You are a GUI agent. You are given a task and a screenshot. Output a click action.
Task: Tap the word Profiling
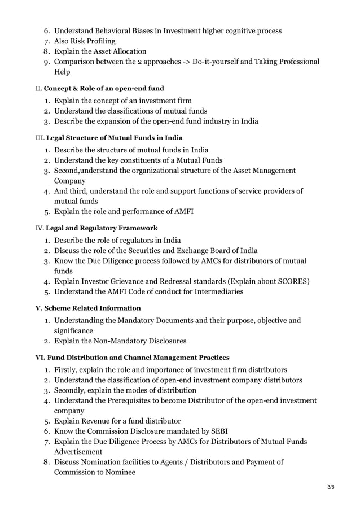point(97,41)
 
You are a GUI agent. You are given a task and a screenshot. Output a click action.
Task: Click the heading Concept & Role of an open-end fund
point(104,89)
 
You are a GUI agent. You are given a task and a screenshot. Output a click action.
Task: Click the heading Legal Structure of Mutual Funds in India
point(114,137)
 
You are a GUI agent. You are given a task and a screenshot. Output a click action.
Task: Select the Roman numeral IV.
point(39,228)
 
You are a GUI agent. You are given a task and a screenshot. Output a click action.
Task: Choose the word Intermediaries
point(214,292)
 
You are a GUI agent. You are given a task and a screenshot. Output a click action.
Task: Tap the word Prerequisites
point(134,400)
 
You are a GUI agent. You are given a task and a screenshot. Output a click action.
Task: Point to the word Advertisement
point(78,452)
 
